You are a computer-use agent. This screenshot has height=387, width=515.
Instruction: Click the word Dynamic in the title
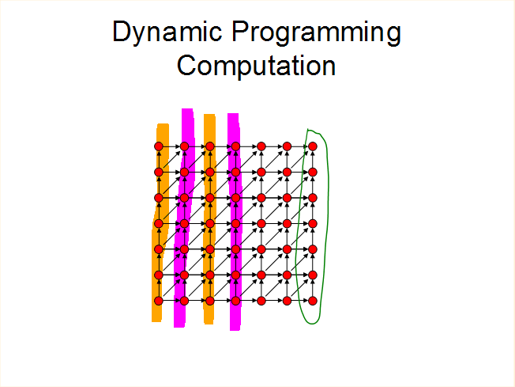[x=167, y=32]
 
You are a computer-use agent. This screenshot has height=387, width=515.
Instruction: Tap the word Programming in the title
[x=316, y=32]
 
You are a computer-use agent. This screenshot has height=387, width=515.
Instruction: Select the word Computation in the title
[x=256, y=66]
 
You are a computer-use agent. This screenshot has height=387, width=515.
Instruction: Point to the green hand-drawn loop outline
[x=328, y=197]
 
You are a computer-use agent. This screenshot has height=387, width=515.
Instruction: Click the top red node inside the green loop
[x=313, y=146]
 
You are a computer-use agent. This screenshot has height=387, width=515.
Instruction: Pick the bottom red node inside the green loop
[x=313, y=301]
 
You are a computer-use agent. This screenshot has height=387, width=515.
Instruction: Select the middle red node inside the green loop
[x=313, y=223]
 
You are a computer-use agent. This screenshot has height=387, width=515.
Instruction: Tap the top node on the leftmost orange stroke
[x=159, y=146]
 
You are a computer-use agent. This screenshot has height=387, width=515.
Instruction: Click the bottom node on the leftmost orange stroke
[x=159, y=301]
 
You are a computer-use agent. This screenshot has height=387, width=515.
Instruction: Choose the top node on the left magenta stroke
[x=184, y=146]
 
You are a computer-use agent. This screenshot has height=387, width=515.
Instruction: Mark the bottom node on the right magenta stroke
[x=235, y=301]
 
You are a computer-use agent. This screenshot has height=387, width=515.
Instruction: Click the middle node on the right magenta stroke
[x=235, y=223]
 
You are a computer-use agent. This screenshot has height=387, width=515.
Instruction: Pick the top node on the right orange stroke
[x=210, y=146]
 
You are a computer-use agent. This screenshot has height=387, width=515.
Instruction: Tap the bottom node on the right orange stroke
[x=210, y=301]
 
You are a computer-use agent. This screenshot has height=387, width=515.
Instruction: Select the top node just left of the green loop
[x=287, y=146]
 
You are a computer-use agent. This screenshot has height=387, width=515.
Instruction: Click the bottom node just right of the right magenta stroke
[x=261, y=301]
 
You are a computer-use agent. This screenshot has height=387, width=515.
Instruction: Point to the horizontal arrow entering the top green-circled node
[x=300, y=146]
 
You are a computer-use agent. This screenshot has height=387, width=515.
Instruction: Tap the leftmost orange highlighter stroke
[x=160, y=223]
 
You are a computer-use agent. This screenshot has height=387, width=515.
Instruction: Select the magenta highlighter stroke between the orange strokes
[x=184, y=218]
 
